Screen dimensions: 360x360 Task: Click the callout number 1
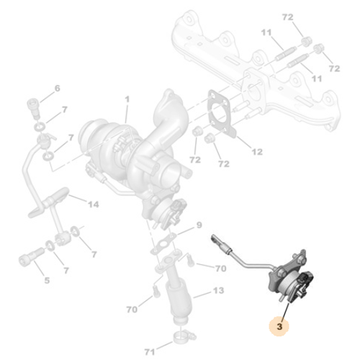coord(127,98)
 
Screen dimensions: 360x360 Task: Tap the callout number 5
coord(27,280)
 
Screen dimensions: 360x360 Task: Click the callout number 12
coord(257,153)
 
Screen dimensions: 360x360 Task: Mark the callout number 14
coord(93,204)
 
